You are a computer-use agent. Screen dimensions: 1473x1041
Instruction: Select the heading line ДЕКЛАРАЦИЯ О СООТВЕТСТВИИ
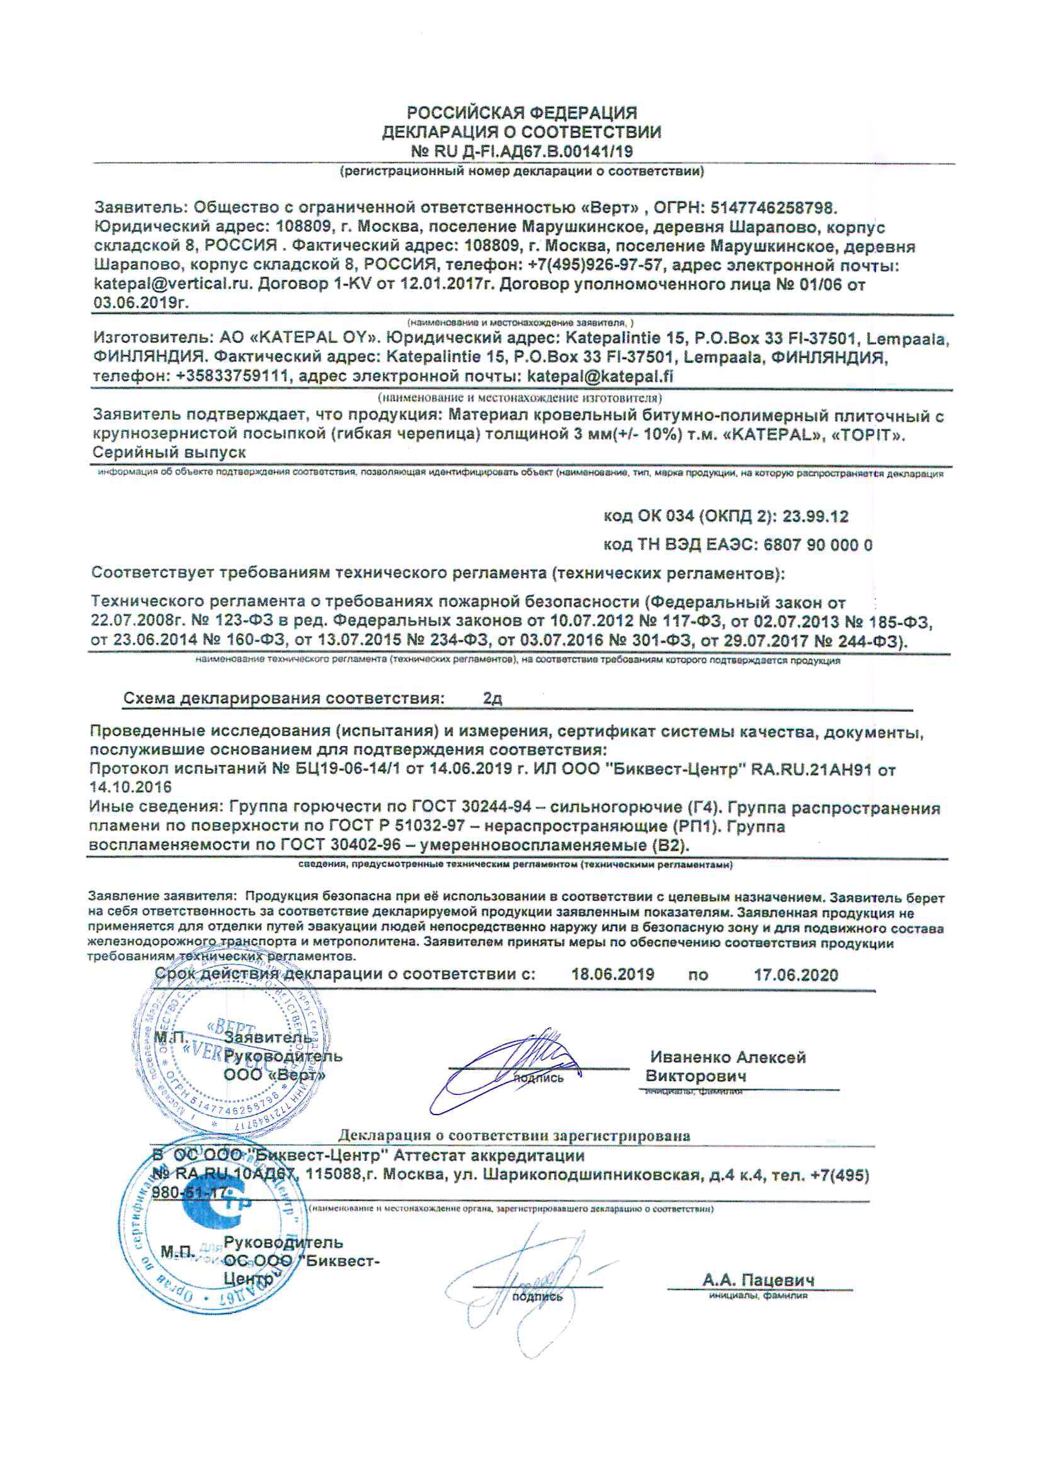[x=521, y=133]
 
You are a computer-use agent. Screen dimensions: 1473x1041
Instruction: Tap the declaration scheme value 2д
[x=492, y=698]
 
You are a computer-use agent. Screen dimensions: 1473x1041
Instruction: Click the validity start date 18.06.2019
[x=613, y=975]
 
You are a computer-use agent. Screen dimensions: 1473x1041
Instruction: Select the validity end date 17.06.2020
[x=796, y=975]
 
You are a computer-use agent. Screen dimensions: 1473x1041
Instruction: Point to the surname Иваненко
[x=688, y=1057]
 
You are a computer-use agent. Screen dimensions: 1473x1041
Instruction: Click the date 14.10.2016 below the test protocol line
[x=131, y=787]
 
